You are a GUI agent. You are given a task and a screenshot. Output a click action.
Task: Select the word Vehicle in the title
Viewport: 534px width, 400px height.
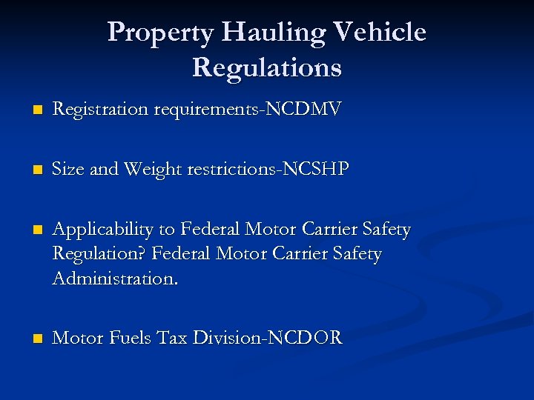pyautogui.click(x=380, y=33)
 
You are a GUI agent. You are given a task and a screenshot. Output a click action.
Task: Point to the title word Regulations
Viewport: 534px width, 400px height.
pyautogui.click(x=267, y=67)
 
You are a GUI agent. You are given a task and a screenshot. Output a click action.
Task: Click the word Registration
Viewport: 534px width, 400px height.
pyautogui.click(x=101, y=110)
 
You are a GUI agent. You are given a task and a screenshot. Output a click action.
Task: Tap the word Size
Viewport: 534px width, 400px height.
pyautogui.click(x=69, y=169)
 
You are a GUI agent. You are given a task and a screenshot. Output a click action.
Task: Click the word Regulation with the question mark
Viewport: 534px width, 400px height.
pyautogui.click(x=100, y=255)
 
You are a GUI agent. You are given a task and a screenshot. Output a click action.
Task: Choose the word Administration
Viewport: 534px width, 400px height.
pyautogui.click(x=116, y=279)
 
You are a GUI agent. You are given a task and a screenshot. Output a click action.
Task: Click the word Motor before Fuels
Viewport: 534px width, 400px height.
pyautogui.click(x=79, y=339)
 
